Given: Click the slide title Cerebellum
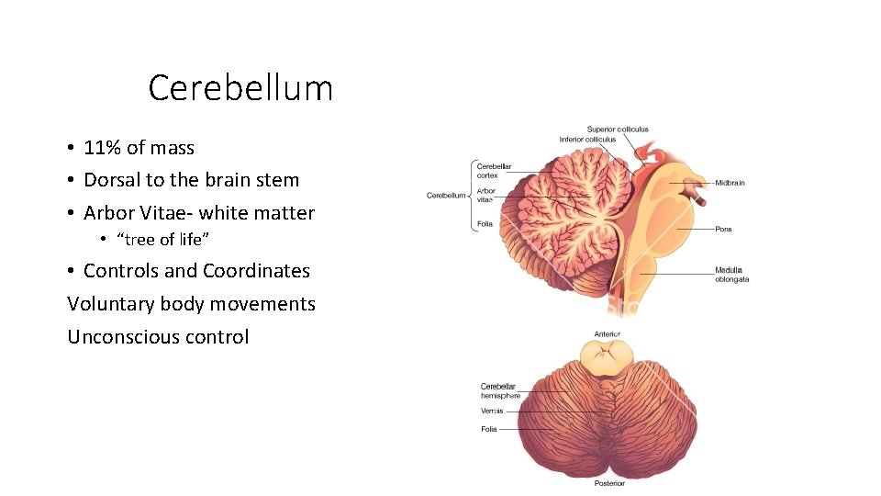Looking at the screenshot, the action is click(240, 89).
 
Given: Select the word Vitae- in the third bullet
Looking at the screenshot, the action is click(165, 213).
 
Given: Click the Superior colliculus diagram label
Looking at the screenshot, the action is click(618, 130).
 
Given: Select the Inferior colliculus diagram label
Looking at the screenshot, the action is click(588, 140).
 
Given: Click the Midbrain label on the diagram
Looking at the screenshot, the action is click(730, 183).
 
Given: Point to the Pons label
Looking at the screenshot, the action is click(723, 229).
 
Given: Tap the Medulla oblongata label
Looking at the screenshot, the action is click(731, 275).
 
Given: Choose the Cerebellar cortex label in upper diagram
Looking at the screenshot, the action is click(494, 171).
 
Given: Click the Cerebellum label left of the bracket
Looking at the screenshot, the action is click(446, 195).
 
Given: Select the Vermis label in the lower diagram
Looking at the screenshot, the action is click(492, 411).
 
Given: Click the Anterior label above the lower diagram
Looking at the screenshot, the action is click(607, 334).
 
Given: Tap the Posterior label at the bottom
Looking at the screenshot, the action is click(608, 483).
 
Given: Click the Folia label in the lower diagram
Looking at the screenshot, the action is click(489, 429).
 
